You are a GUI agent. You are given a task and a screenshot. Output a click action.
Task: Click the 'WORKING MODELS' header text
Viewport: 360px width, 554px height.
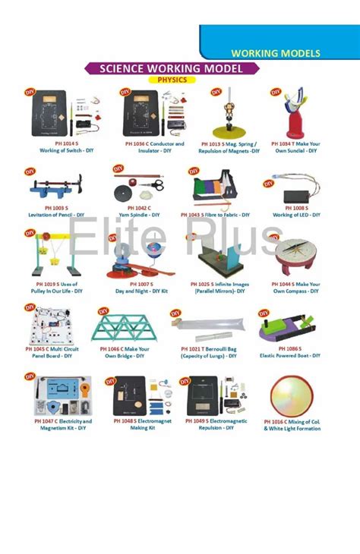tap(275, 54)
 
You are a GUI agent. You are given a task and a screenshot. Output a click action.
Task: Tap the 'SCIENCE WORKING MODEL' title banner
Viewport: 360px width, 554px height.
tap(174, 68)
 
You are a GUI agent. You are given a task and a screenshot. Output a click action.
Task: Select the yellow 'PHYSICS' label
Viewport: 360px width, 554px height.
tap(172, 79)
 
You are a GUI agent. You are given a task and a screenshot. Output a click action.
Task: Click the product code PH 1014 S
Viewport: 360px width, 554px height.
tap(57, 143)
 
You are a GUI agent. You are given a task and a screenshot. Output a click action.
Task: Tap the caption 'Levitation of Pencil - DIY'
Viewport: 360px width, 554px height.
tap(57, 215)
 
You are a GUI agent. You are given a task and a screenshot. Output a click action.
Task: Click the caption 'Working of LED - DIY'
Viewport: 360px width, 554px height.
tap(296, 215)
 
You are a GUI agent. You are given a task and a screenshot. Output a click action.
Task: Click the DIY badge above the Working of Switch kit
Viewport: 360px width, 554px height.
tap(30, 92)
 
